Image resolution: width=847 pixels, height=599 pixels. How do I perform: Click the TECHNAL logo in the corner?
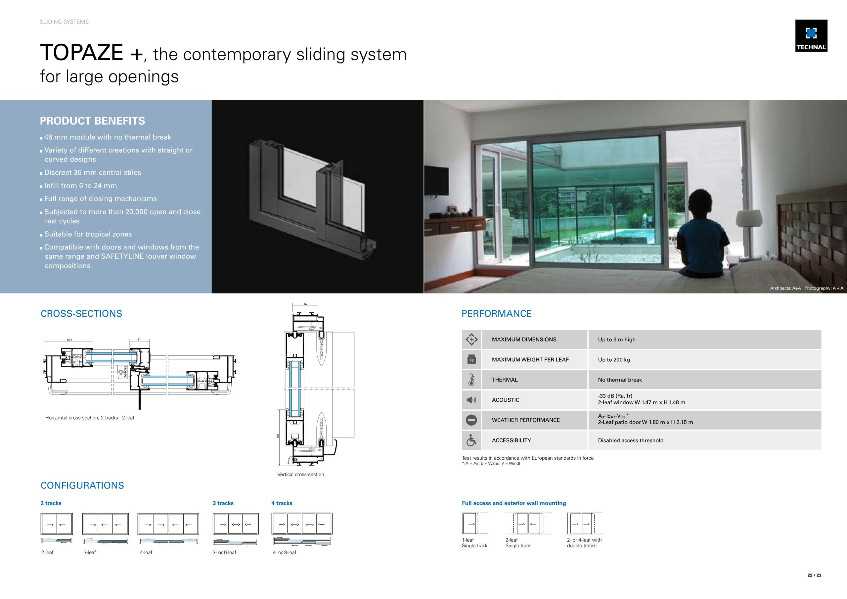811,35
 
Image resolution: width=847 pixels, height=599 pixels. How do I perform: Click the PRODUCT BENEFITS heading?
92,121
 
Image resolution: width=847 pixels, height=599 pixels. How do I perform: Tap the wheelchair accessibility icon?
471,440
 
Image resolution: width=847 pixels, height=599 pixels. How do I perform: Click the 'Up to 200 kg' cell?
614,359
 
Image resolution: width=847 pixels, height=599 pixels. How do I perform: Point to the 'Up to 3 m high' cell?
616,340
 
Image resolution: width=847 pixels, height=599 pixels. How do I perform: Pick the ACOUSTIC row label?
506,400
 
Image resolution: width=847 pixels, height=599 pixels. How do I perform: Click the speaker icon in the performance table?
471,400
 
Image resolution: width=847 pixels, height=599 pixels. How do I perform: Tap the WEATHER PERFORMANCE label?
526,420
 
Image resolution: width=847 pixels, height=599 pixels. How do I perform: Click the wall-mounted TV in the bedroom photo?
436,181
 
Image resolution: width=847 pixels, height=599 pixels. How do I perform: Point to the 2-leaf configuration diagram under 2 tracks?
57,524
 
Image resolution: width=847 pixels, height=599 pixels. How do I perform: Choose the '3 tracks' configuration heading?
223,503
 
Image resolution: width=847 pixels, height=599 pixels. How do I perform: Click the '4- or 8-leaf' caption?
284,552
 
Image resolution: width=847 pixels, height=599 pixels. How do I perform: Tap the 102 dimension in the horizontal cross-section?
69,340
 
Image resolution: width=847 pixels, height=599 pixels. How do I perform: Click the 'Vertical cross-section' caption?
300,474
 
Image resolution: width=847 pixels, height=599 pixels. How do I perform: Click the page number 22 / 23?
814,575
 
